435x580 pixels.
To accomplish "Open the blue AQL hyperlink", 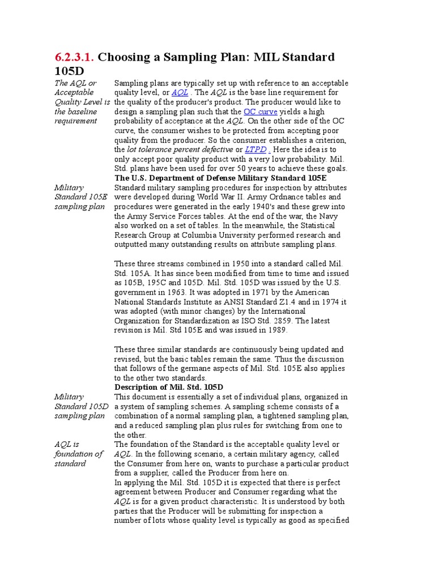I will (180, 92).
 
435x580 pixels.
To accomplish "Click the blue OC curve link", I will (260, 112).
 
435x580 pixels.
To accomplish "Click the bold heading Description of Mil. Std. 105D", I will (169, 387).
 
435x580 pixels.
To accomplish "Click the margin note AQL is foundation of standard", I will (79, 454).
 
